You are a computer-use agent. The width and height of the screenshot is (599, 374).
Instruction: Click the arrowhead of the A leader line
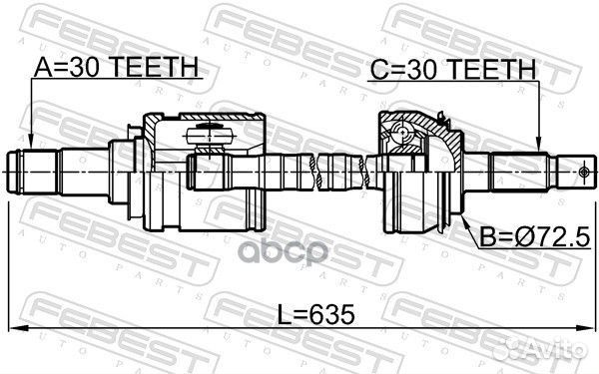[x=33, y=144]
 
